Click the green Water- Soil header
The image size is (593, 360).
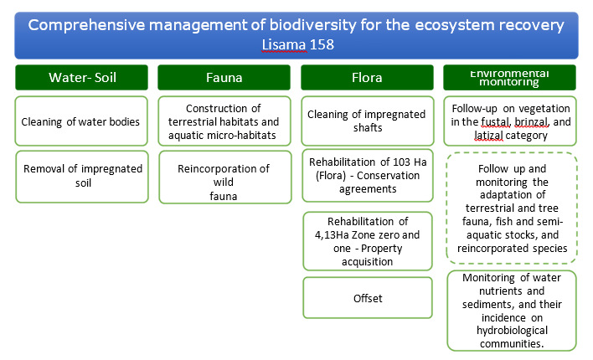coord(82,78)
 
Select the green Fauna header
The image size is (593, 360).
coord(224,78)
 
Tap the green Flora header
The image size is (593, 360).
coord(367,78)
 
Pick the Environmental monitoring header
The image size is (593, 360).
coord(510,78)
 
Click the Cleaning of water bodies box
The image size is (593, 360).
coord(81,121)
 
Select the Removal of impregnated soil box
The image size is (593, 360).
coord(82,177)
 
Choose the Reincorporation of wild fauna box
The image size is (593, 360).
coord(225,177)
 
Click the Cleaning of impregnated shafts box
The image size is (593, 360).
coord(368,121)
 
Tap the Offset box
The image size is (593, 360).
coord(368,298)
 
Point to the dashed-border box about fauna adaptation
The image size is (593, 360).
coord(512,208)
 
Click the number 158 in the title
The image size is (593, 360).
coord(322,44)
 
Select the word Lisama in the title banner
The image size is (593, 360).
coord(284,45)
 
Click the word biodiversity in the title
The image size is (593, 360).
coord(312,25)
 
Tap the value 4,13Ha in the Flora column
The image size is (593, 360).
coord(332,234)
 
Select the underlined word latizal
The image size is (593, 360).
coord(488,136)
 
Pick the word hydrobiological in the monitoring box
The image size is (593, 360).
coord(512,331)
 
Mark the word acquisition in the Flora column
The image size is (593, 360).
coord(367,262)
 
